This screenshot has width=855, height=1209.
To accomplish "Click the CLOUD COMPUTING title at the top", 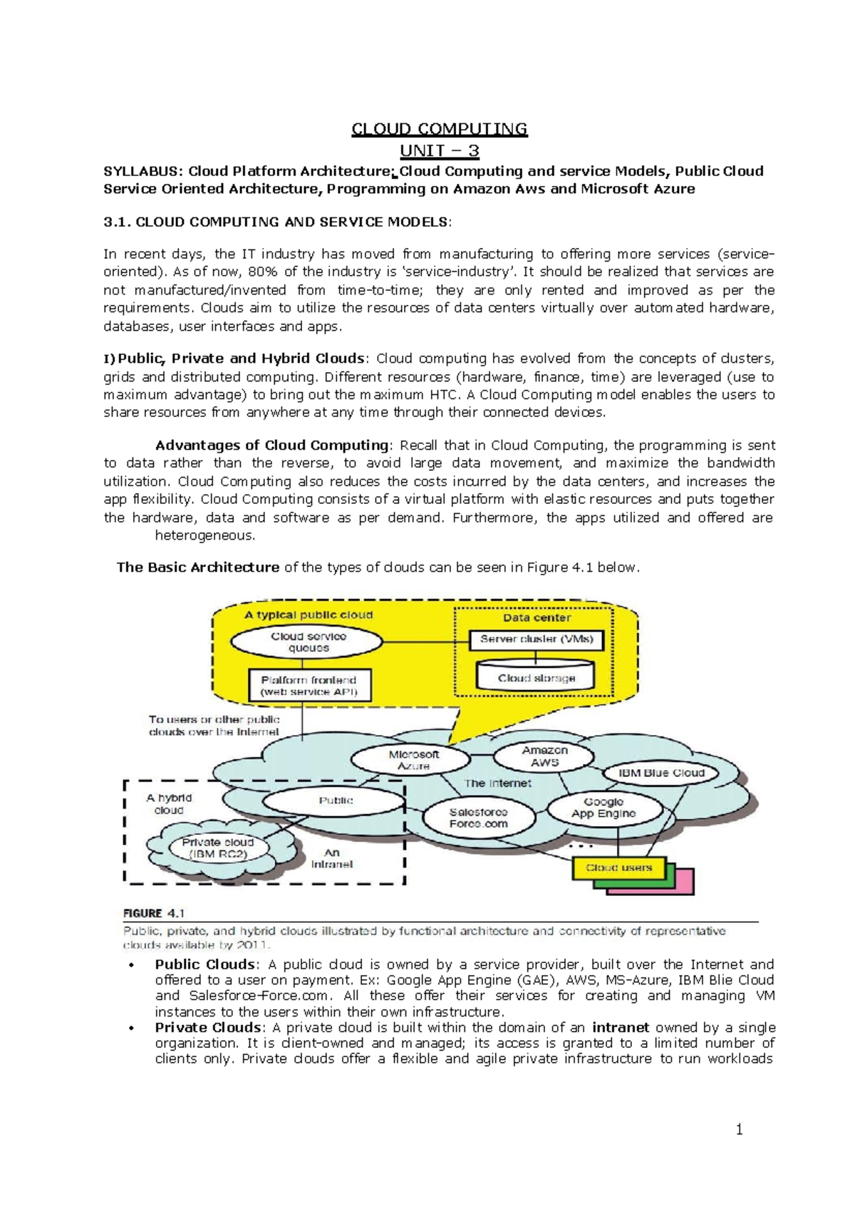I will coord(439,129).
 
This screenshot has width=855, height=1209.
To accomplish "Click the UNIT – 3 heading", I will coord(439,151).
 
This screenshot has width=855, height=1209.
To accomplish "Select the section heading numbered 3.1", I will coord(277,222).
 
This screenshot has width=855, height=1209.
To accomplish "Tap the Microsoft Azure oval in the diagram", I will coord(413,760).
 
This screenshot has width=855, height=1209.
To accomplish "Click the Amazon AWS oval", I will coord(544,756).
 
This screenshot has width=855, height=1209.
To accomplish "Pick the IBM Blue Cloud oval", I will coord(661,773).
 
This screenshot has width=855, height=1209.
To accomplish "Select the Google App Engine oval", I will coord(603,808).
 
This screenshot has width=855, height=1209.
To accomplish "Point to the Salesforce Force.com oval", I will coord(478,818).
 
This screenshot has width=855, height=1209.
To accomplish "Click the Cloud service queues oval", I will coord(309,642).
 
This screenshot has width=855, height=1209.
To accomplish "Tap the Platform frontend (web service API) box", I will coord(309,686).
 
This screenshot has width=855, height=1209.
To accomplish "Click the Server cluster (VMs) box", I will coord(536,639).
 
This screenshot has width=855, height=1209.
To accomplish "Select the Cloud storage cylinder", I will coord(536,676).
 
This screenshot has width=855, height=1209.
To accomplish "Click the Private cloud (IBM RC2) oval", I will coord(217,848).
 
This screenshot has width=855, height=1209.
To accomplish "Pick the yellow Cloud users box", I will coord(618,868).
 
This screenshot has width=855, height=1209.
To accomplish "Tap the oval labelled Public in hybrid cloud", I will coord(336,801).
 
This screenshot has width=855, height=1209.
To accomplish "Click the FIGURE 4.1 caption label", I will coord(154,913).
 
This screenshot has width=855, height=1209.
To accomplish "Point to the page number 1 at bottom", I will coord(739,1129).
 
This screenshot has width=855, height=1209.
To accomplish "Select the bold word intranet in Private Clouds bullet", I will coord(620,1027).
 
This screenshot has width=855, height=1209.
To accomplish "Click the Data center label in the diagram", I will coord(537,617).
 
